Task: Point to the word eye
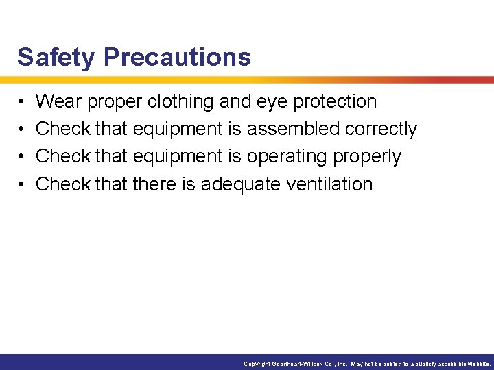(272, 102)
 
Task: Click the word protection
(335, 101)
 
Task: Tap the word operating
(287, 157)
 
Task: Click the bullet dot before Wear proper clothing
(21, 102)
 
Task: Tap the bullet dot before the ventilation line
(21, 185)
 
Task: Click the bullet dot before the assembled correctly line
(21, 129)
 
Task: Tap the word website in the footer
(476, 365)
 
